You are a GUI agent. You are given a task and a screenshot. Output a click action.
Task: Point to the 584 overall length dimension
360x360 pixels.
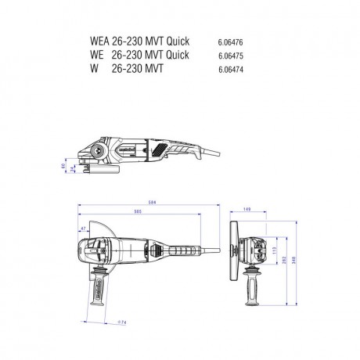(x=152, y=203)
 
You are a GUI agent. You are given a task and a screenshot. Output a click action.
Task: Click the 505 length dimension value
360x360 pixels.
(x=138, y=212)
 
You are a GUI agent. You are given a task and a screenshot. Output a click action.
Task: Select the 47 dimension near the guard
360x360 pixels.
(x=82, y=228)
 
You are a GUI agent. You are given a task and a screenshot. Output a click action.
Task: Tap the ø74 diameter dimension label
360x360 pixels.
(x=122, y=322)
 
